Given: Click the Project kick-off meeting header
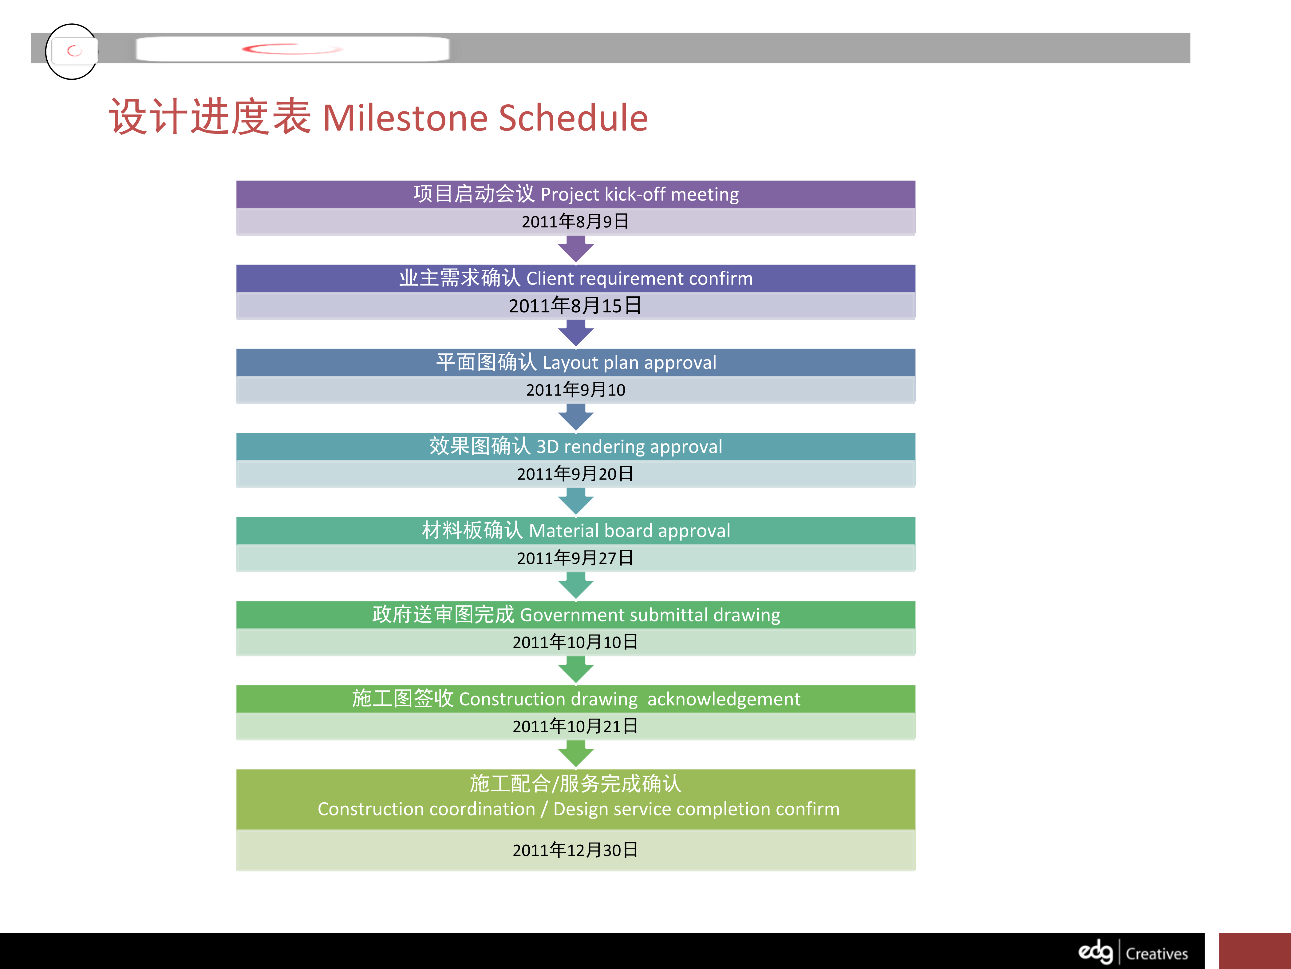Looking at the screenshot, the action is (575, 194).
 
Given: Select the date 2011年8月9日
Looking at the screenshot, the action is (575, 221).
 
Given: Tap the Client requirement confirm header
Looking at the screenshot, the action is (575, 278).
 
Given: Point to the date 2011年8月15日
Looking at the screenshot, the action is (575, 305).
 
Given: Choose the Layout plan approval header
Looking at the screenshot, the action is (575, 362).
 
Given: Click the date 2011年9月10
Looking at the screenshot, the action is (575, 389).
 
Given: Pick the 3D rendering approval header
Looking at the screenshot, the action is (575, 446).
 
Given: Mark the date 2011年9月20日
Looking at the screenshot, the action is (575, 474).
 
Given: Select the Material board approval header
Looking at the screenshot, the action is (575, 530).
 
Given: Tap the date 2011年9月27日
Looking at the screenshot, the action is (575, 558).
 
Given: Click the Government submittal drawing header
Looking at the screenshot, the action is (575, 614).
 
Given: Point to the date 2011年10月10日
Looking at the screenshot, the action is (575, 642).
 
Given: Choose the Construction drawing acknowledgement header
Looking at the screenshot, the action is (575, 699).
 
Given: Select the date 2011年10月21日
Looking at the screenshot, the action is (575, 726).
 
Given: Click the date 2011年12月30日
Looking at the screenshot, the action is (575, 850).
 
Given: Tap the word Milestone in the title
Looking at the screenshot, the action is (405, 118).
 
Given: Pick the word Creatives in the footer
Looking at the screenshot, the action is (1157, 954).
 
